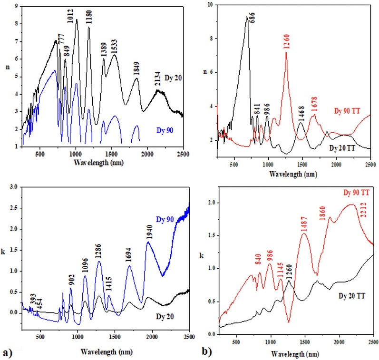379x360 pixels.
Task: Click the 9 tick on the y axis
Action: (x=17, y=7)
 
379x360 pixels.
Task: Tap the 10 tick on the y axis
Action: (x=210, y=4)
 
